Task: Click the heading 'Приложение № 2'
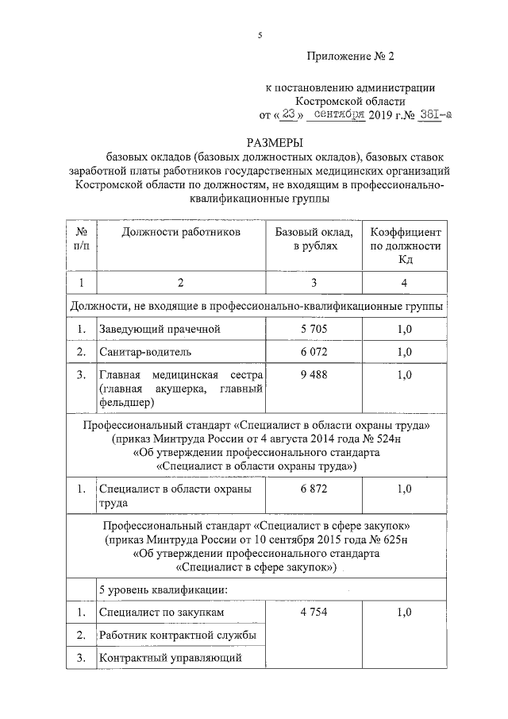[349, 56]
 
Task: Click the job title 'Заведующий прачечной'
[159, 329]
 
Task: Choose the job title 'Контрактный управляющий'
[168, 658]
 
